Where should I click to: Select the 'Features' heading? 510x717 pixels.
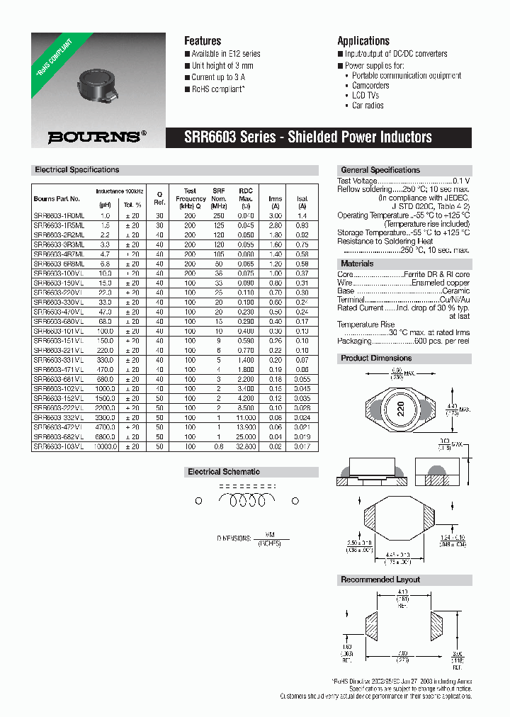[x=203, y=41]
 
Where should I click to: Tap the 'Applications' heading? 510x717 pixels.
[x=363, y=41]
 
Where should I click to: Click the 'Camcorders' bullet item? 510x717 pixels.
[x=370, y=85]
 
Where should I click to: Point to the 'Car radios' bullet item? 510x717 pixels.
[x=368, y=105]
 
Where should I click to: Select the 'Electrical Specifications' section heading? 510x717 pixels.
[x=77, y=170]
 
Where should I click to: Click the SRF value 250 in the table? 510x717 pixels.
[x=219, y=215]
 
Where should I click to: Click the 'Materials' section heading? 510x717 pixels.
[x=358, y=264]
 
